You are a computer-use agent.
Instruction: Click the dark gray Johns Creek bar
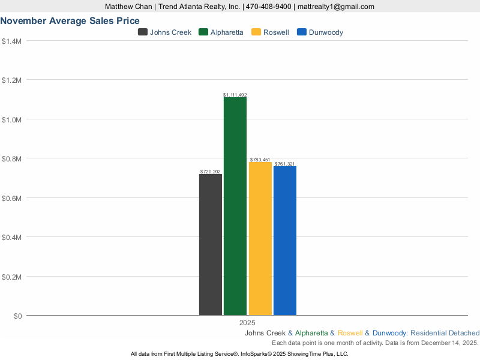(211, 245)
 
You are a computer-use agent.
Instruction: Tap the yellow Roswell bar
(260, 239)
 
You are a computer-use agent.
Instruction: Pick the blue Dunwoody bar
(285, 241)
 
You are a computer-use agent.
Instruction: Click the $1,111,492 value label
(235, 95)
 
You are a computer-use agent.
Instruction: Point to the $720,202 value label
(211, 172)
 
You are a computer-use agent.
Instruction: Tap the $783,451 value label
(260, 160)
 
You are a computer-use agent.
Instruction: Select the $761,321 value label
(285, 164)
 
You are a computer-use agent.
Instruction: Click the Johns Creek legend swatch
(143, 32)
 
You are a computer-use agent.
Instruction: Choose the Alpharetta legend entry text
(227, 32)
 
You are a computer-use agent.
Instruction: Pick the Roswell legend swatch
(256, 32)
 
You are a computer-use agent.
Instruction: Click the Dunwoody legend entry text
(326, 32)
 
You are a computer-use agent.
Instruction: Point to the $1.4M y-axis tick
(12, 41)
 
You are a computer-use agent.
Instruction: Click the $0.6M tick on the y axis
(12, 198)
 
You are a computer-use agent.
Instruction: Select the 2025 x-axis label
(247, 323)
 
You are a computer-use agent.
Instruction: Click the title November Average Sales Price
(70, 20)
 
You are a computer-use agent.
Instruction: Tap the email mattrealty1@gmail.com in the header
(336, 7)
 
